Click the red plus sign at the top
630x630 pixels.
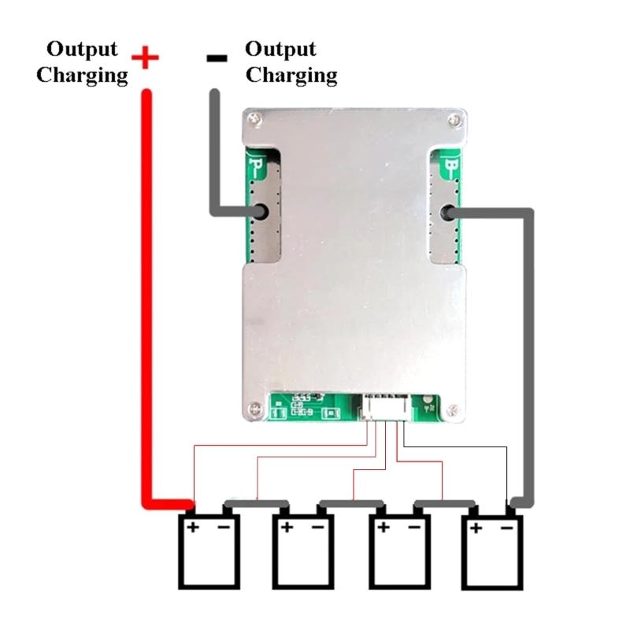145,57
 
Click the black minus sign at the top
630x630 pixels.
217,57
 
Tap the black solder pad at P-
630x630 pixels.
259,212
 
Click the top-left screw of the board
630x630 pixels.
254,119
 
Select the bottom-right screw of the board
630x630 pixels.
453,409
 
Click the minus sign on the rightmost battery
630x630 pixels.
507,526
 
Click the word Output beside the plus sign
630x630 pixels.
82,49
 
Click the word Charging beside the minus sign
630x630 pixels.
291,76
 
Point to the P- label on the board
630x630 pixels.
258,166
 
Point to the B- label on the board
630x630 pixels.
451,166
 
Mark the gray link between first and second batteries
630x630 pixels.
257,502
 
